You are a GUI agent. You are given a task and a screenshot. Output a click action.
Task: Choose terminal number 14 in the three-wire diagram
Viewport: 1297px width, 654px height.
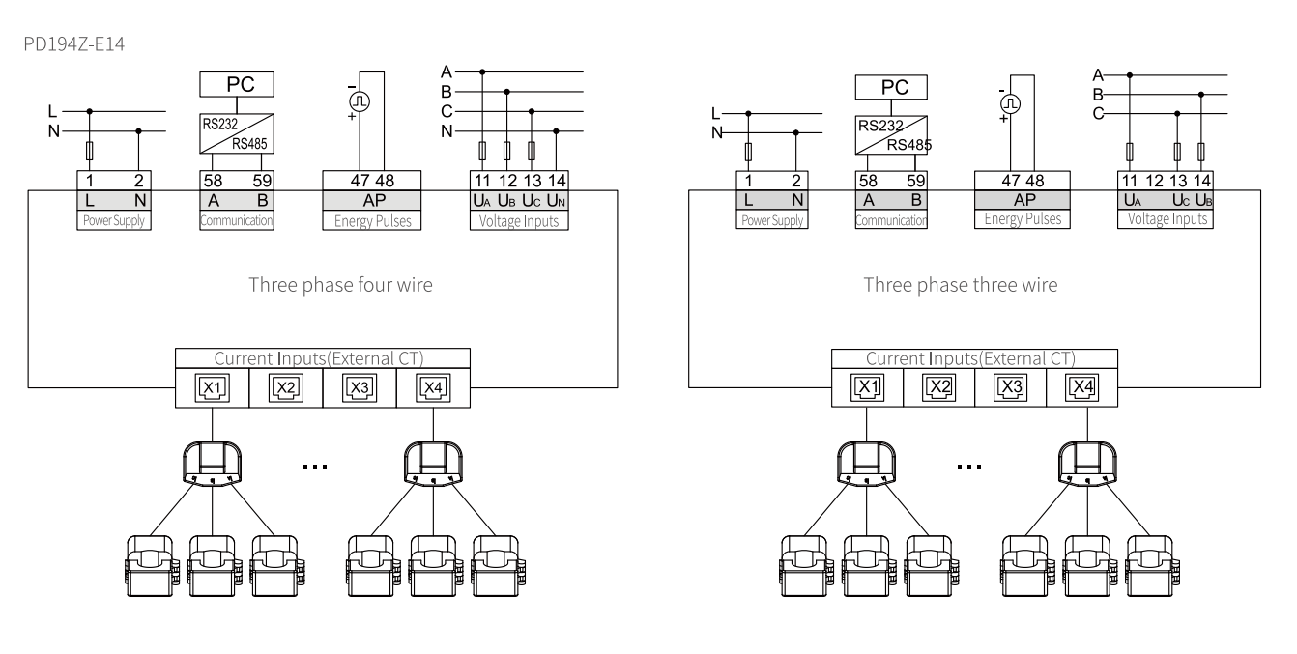pos(1201,180)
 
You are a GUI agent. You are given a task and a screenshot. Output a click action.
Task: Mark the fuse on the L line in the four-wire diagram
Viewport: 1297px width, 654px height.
pos(91,152)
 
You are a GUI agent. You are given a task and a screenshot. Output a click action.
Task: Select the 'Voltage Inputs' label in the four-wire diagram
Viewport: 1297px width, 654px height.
pos(518,220)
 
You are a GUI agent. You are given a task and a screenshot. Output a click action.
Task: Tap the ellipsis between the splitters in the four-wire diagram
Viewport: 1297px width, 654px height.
pos(315,466)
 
